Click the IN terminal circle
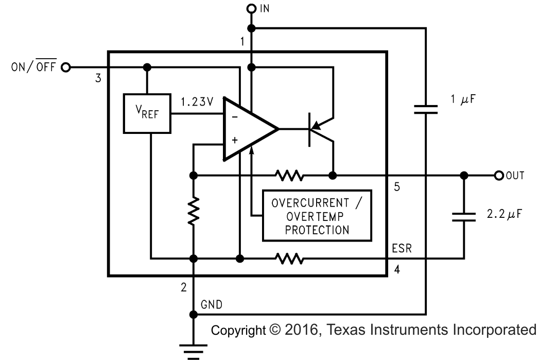(x=251, y=8)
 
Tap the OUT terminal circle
(x=498, y=176)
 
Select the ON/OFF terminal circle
(x=65, y=67)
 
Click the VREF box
(x=147, y=113)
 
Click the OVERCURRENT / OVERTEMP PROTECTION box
(x=317, y=215)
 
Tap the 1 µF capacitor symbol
(x=426, y=109)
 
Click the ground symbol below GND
(x=194, y=351)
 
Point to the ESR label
(x=402, y=249)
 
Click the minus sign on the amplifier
(x=235, y=117)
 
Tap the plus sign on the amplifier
(x=235, y=139)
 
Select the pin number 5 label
(x=396, y=186)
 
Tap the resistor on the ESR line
(x=289, y=257)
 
